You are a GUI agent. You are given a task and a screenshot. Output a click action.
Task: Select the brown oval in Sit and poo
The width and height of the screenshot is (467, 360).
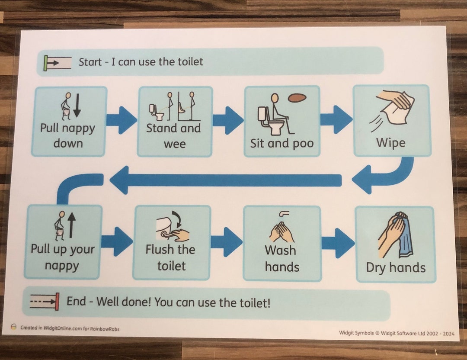click(297, 98)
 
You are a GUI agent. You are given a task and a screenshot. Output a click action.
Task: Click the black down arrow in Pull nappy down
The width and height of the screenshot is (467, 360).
click(77, 105)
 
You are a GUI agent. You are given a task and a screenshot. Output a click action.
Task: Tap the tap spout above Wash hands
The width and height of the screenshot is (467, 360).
click(284, 214)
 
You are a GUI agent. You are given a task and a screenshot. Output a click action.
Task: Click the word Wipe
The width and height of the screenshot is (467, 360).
click(391, 142)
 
